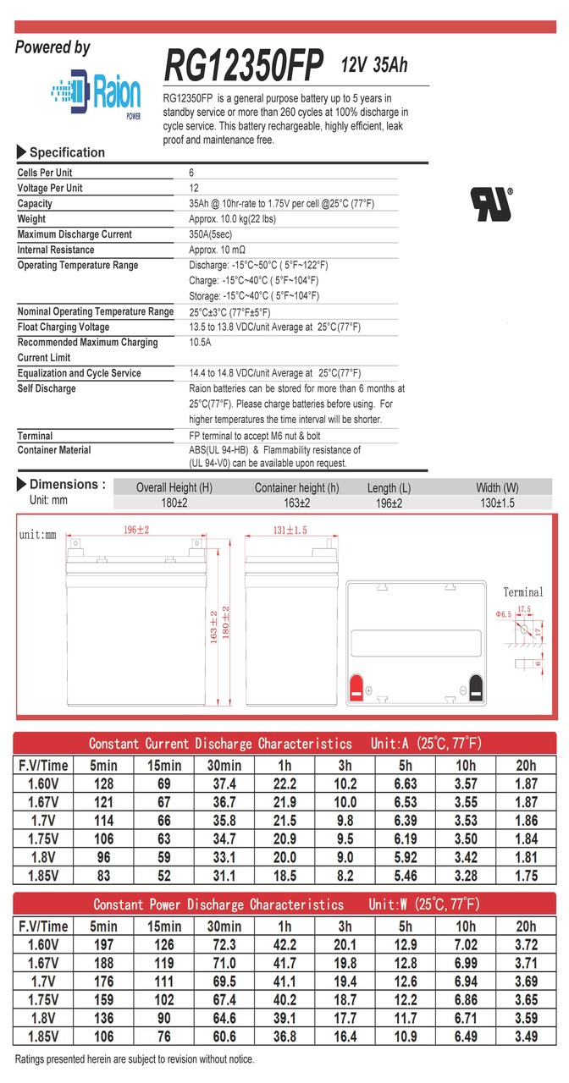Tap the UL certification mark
[x=492, y=204]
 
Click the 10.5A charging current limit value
[x=200, y=343]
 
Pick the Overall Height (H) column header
[x=175, y=487]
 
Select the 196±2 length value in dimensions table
[x=389, y=503]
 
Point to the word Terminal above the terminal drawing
[x=523, y=592]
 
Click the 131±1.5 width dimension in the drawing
[x=290, y=531]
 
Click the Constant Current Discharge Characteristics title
[x=220, y=744]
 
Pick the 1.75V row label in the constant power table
[x=43, y=999]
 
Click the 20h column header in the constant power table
[x=526, y=926]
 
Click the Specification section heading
[x=67, y=152]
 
